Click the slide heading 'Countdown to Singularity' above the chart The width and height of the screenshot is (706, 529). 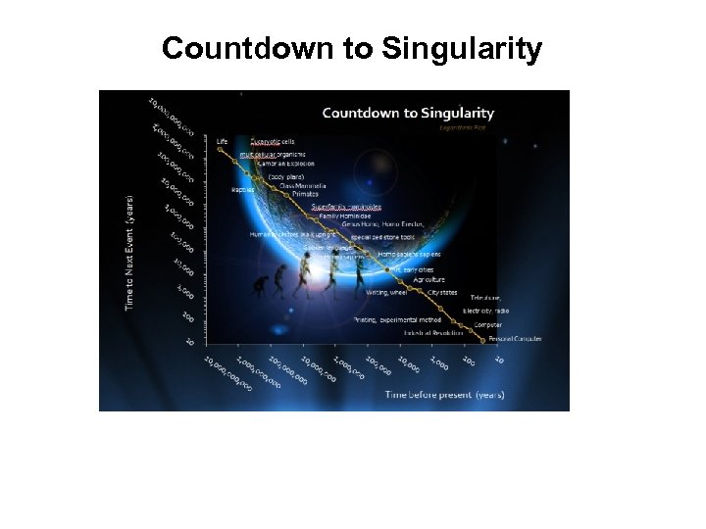tap(351, 48)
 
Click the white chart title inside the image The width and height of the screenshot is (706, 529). tap(411, 113)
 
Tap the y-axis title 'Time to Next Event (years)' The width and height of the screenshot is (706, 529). tap(129, 253)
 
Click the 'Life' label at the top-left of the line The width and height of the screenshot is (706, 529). tap(222, 141)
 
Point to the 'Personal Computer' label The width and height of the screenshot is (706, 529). tap(516, 339)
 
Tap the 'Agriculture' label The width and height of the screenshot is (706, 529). tap(429, 279)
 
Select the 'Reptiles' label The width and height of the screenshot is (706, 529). tap(242, 189)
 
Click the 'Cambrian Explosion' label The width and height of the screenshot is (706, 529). tap(285, 163)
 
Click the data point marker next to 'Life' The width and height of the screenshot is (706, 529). tap(220, 150)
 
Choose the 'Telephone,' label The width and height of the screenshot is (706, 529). tap(485, 297)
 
